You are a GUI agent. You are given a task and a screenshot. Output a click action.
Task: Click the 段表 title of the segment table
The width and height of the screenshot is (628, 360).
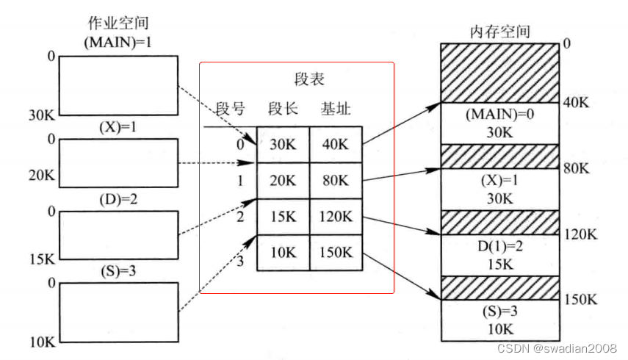[308, 79]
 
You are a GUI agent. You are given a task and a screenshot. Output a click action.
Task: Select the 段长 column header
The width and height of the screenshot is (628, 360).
[283, 109]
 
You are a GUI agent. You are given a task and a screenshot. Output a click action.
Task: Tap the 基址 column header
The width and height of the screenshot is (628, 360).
[335, 109]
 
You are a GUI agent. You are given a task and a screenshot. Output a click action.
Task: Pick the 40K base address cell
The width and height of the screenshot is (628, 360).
[335, 145]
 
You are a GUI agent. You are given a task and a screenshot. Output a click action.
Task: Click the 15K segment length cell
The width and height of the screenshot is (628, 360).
[283, 217]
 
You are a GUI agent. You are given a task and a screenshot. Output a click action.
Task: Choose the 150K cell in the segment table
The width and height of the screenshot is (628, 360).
[335, 253]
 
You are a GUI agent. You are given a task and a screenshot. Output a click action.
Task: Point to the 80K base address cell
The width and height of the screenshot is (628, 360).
[335, 181]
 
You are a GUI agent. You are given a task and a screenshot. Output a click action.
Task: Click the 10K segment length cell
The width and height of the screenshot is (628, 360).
[283, 253]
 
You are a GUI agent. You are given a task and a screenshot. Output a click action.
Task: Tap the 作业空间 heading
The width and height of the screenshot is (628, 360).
[118, 24]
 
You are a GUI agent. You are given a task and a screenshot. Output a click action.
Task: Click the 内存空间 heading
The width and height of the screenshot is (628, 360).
[499, 32]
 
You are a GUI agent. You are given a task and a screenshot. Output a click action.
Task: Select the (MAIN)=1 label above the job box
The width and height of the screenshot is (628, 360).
[118, 42]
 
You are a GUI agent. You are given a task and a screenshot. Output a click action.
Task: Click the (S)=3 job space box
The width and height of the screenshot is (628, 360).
[118, 312]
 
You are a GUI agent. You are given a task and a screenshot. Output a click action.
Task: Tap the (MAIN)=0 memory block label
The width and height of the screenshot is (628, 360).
[499, 115]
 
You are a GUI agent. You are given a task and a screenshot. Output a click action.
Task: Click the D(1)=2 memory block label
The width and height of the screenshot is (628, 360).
[499, 246]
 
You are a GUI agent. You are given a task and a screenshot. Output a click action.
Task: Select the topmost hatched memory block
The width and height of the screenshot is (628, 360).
[499, 72]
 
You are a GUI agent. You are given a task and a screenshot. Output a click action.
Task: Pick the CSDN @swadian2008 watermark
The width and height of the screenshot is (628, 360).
[556, 347]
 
